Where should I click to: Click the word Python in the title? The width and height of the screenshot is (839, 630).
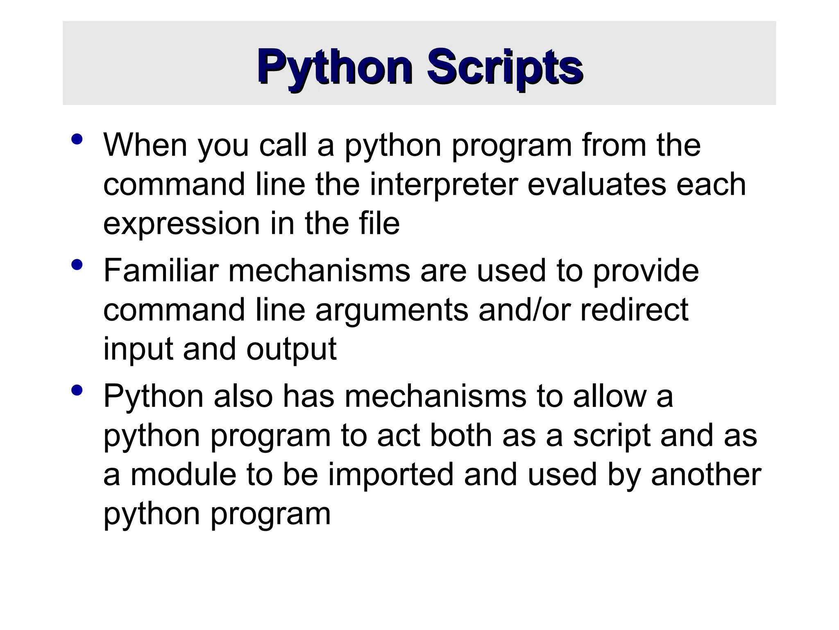coord(335,68)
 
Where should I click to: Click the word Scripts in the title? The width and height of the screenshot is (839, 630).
coord(505,68)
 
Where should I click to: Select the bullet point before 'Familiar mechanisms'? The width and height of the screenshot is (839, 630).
coord(77,265)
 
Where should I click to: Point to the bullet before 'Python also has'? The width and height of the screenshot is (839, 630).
coord(77,390)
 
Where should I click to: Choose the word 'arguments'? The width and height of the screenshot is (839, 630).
coord(391,311)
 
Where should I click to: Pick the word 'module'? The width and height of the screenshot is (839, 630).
coord(183,475)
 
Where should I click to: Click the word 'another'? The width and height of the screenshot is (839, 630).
coord(706,475)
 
